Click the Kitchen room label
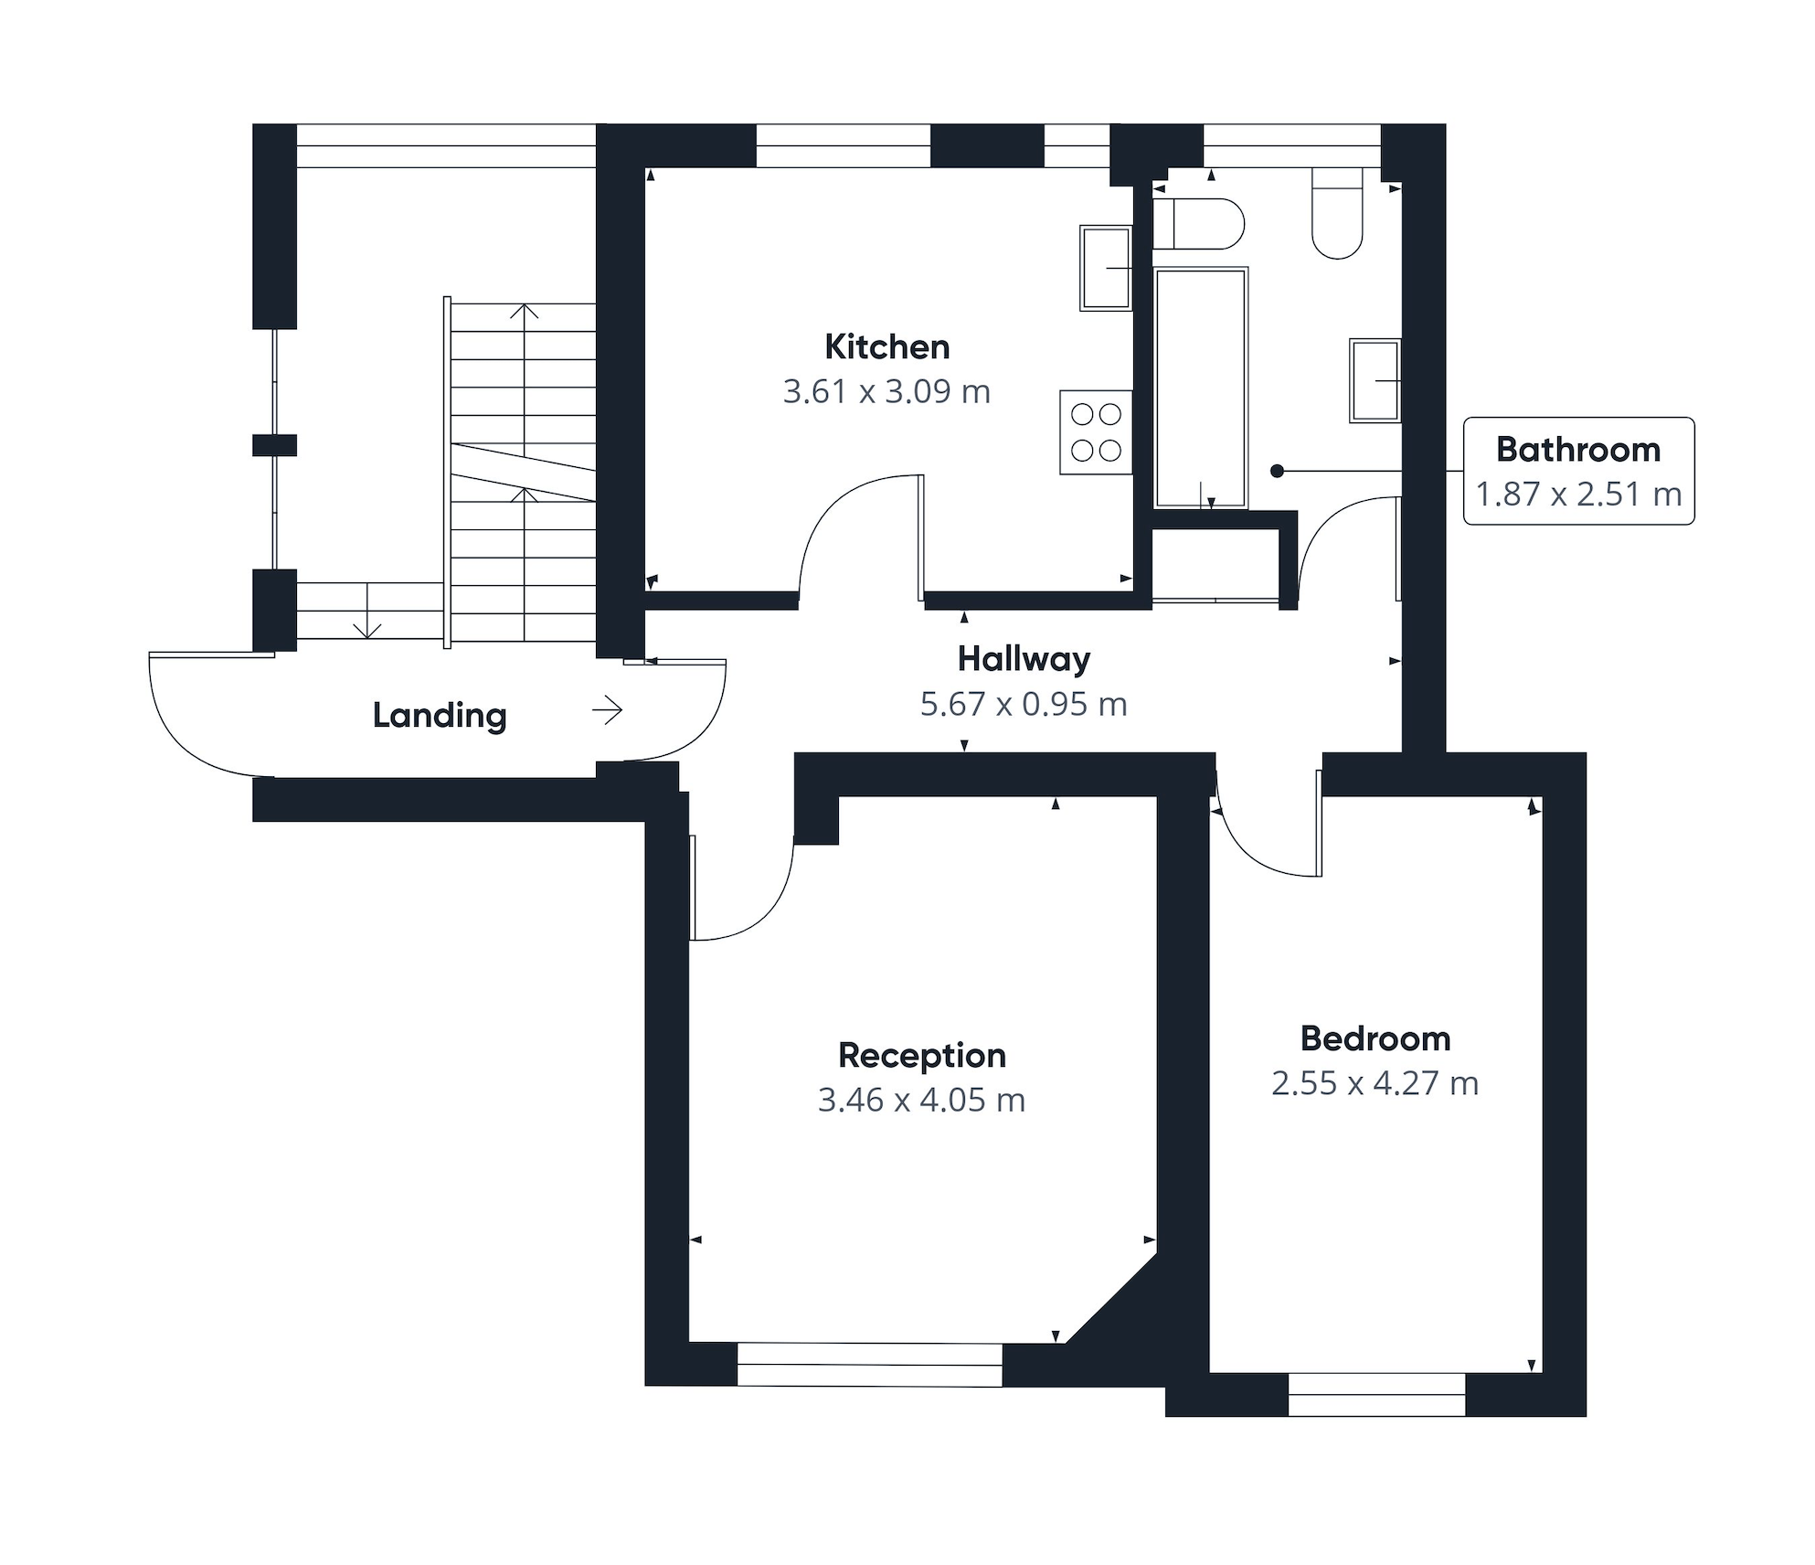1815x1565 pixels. tap(886, 347)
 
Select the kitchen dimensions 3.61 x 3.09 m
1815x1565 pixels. tap(886, 392)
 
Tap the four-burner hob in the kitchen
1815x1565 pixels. tap(1096, 432)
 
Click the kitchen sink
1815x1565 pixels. tap(1106, 268)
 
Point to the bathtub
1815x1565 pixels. tap(1201, 388)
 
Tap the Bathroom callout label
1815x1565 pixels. tap(1578, 450)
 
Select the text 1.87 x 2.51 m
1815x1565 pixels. tap(1578, 495)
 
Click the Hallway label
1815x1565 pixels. tap(1024, 659)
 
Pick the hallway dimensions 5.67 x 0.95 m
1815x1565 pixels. tap(1024, 705)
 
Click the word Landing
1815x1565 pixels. tap(439, 716)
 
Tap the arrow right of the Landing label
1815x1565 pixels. tap(608, 709)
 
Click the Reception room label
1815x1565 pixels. tap(921, 1056)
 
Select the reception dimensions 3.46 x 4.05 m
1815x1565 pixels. tap(921, 1101)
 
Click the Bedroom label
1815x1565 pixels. tap(1375, 1039)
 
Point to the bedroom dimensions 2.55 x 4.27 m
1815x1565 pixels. tap(1375, 1084)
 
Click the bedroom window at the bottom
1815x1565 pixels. tap(1376, 1395)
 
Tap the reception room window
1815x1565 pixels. tap(869, 1365)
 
